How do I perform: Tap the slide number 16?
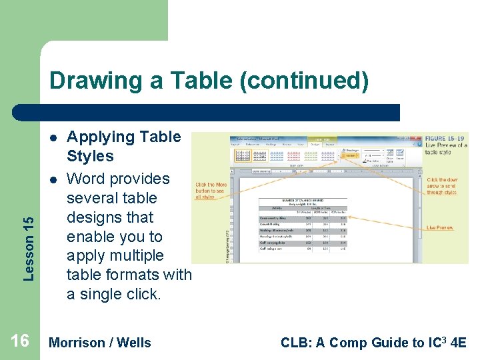pos(20,341)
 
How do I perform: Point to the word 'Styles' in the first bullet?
pos(90,157)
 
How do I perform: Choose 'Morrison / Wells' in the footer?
pos(100,343)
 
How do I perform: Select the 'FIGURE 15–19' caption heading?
pos(445,137)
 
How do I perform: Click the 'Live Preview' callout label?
pos(440,228)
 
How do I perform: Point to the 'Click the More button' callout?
pos(211,191)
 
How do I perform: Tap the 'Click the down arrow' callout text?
pos(442,186)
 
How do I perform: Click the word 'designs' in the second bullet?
pos(110,217)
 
